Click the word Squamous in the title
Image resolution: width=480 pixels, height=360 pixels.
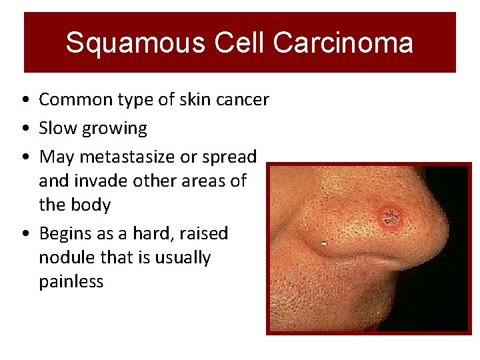click(x=136, y=43)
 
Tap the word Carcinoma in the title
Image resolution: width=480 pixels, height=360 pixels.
click(x=343, y=43)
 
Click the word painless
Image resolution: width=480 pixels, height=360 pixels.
click(x=71, y=281)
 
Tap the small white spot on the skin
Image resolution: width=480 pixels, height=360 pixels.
click(x=324, y=244)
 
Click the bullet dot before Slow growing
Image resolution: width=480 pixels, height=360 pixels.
click(x=24, y=129)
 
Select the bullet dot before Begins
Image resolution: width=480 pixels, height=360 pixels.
click(x=24, y=234)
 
